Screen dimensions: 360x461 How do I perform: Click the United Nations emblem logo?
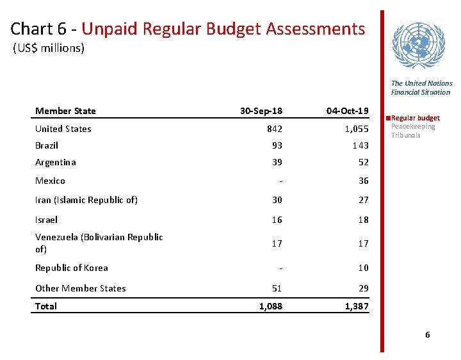421,45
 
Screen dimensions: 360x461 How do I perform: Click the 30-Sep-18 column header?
261,111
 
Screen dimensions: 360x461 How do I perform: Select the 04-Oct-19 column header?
347,111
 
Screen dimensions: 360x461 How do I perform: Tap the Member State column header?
65,111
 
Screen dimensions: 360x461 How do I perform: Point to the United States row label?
63,129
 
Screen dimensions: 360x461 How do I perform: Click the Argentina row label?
55,162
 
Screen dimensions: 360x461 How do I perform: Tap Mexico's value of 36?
363,181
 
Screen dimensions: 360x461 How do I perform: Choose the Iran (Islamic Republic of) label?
86,200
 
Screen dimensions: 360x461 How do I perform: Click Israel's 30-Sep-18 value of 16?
276,220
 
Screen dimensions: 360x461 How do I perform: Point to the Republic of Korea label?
71,268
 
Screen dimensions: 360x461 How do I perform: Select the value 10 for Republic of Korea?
363,268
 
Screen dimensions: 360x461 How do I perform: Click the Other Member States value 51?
276,288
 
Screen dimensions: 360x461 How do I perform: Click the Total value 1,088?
270,306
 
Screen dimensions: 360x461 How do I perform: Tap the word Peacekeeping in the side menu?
412,126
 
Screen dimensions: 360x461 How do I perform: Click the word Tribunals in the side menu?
405,135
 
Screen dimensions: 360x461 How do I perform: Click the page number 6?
428,336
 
